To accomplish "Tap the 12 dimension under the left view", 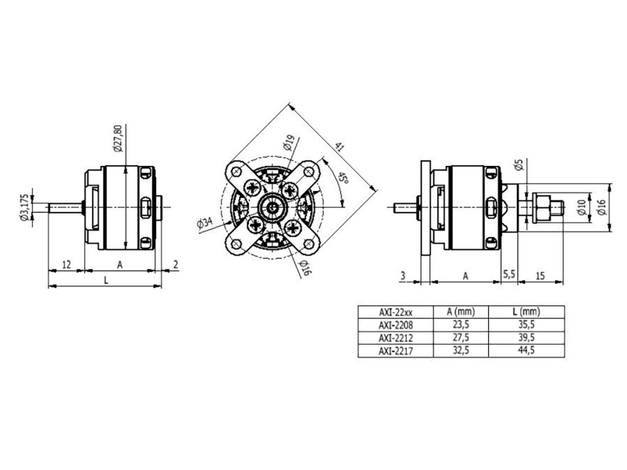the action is tap(67, 264).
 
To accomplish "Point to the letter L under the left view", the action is tap(106, 280).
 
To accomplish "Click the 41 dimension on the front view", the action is tap(338, 148).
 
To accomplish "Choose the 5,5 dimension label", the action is tap(508, 275).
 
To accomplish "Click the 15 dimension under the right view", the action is tap(540, 275).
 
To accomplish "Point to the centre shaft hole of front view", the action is tap(271, 208).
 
